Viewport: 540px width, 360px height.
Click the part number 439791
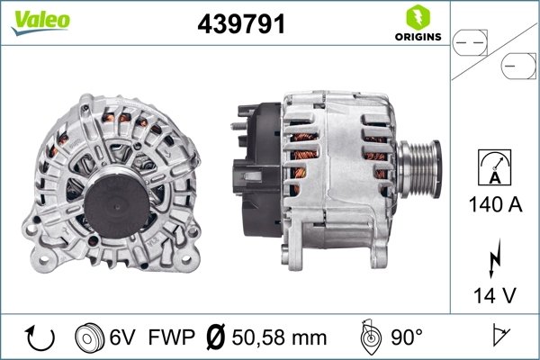coord(240,24)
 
